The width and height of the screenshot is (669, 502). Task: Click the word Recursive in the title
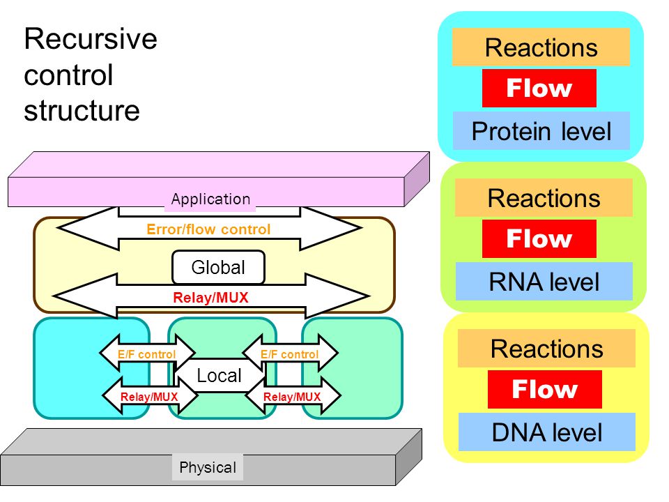click(x=91, y=39)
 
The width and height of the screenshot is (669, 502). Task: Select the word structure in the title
click(x=82, y=111)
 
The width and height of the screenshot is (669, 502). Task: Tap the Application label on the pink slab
click(x=210, y=199)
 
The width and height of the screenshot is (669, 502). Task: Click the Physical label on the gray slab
click(x=208, y=467)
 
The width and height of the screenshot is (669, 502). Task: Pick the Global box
click(x=218, y=268)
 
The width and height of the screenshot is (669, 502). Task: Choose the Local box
click(x=220, y=375)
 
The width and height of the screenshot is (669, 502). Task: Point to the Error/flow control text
click(x=208, y=229)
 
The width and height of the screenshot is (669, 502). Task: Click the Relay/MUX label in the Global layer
click(x=210, y=298)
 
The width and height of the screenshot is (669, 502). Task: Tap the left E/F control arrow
click(x=147, y=353)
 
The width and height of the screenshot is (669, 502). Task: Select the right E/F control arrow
click(x=290, y=353)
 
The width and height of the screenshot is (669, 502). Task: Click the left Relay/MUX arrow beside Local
click(x=150, y=396)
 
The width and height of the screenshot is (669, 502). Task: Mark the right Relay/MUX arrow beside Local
click(x=293, y=396)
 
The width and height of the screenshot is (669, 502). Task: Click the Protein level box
click(x=541, y=131)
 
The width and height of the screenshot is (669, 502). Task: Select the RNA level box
click(x=544, y=282)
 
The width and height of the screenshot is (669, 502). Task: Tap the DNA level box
click(x=547, y=432)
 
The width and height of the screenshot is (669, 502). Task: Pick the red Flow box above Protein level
click(x=539, y=89)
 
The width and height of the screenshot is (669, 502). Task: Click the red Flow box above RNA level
click(x=539, y=238)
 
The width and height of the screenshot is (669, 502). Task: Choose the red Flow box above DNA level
click(x=545, y=389)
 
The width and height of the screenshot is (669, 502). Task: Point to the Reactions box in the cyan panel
click(x=541, y=47)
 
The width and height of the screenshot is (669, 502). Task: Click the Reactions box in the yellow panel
click(x=546, y=349)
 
